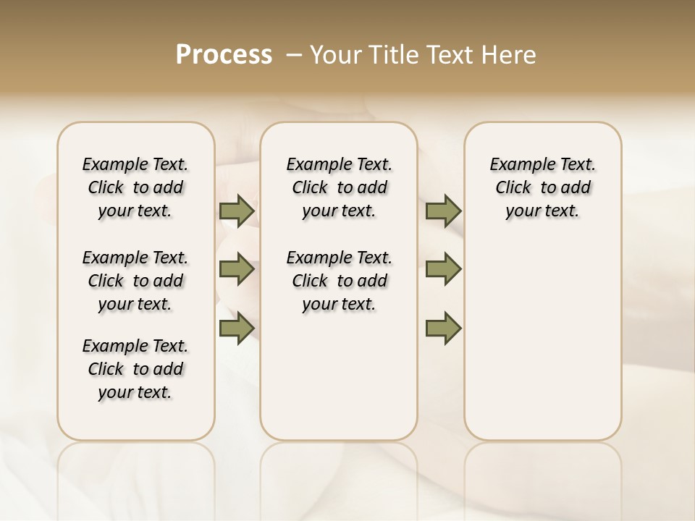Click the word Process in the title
coord(224,54)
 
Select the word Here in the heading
coord(510,54)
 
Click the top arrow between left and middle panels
coord(237,211)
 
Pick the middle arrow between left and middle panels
coord(237,270)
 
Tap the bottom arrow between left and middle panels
coord(237,329)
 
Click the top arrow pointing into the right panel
coord(443,211)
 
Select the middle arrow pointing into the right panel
coord(443,270)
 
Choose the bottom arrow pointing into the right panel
coord(443,329)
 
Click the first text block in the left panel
coord(135,187)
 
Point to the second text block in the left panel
coord(135,281)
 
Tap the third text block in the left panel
coord(135,369)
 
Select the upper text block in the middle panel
coord(339,187)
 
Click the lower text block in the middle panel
coord(339,281)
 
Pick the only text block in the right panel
coord(542,187)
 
